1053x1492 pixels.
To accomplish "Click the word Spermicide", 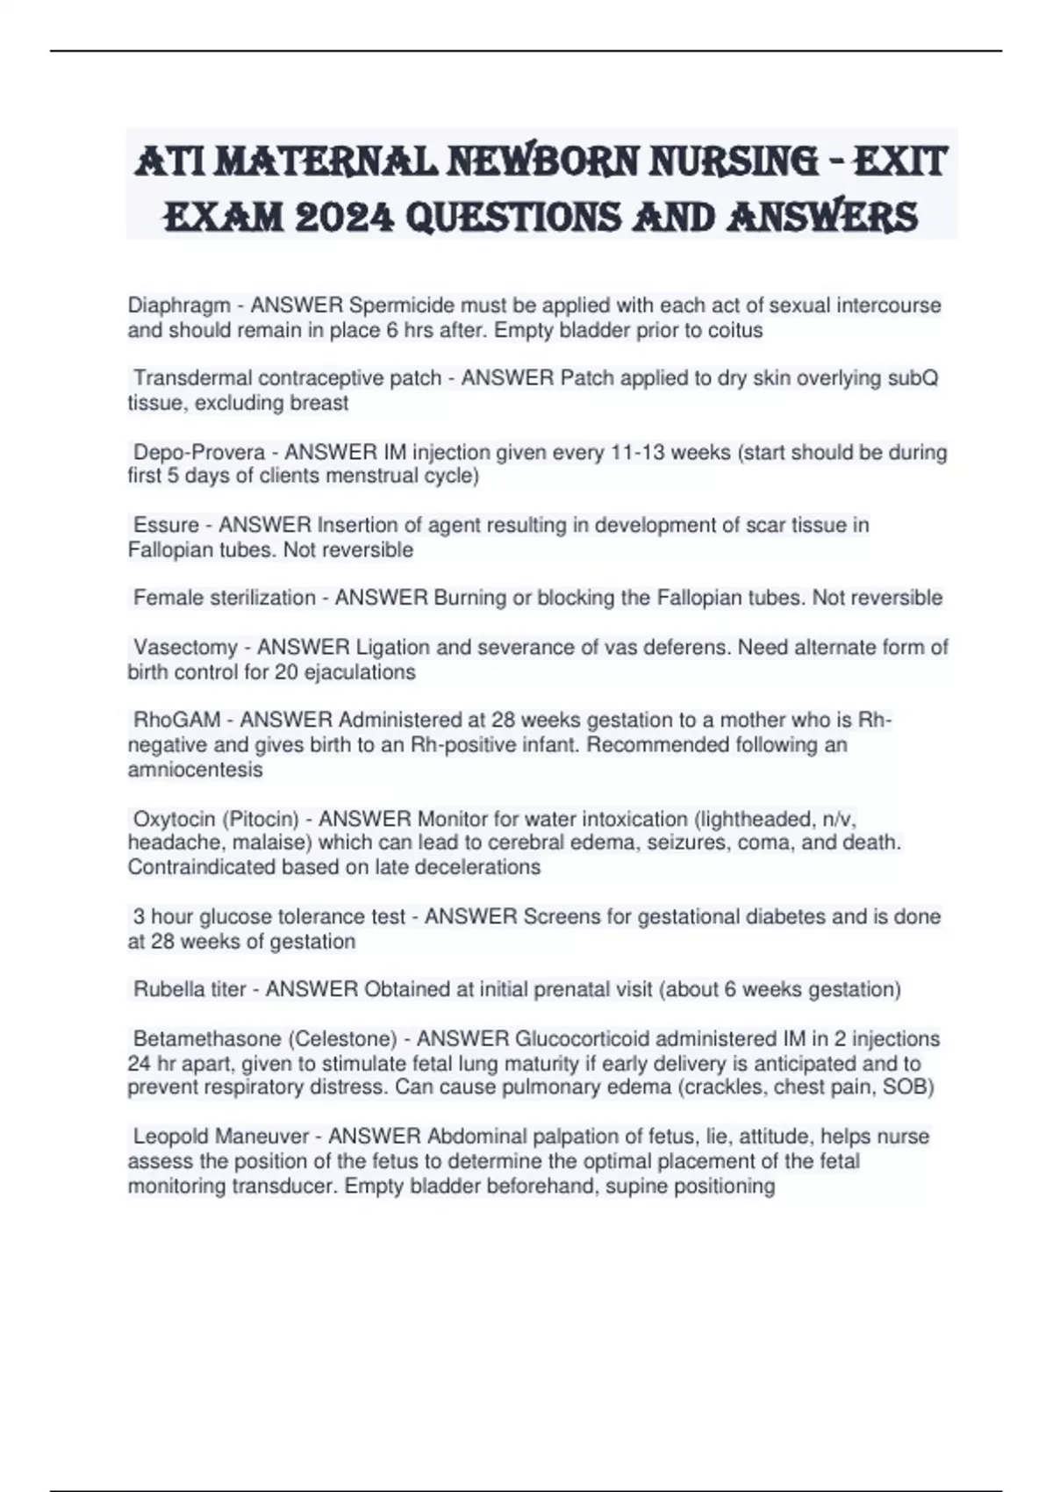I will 402,305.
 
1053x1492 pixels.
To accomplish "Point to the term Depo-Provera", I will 199,453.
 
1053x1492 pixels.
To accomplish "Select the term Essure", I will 166,526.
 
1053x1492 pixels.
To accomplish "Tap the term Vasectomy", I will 185,648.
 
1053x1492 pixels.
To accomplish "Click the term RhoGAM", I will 176,721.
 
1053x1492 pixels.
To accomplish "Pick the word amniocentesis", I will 195,770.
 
